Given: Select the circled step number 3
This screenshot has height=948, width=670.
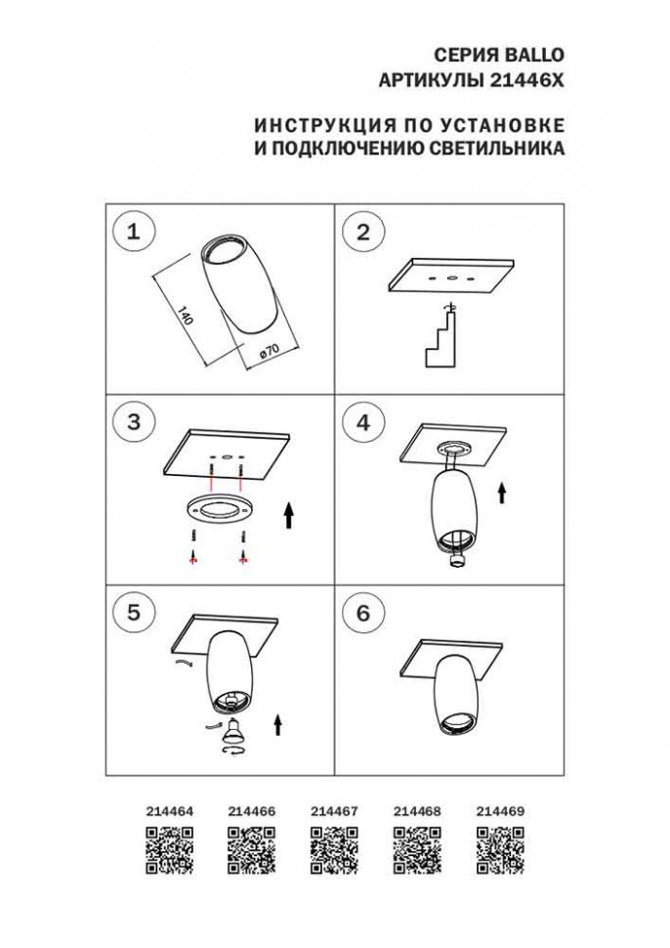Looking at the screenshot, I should pos(135,422).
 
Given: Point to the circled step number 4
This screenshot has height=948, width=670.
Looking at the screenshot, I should pos(364,422).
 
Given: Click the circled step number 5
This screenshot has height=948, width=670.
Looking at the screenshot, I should pos(135,613).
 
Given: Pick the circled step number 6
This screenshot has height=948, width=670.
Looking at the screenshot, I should pos(364,613).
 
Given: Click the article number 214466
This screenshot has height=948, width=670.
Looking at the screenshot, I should pos(251,811).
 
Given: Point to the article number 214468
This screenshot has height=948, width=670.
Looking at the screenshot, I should pos(417,811).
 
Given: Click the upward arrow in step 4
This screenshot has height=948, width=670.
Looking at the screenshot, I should pos(502,492).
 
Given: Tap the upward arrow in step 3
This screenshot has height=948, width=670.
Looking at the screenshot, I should pos(290,515).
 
